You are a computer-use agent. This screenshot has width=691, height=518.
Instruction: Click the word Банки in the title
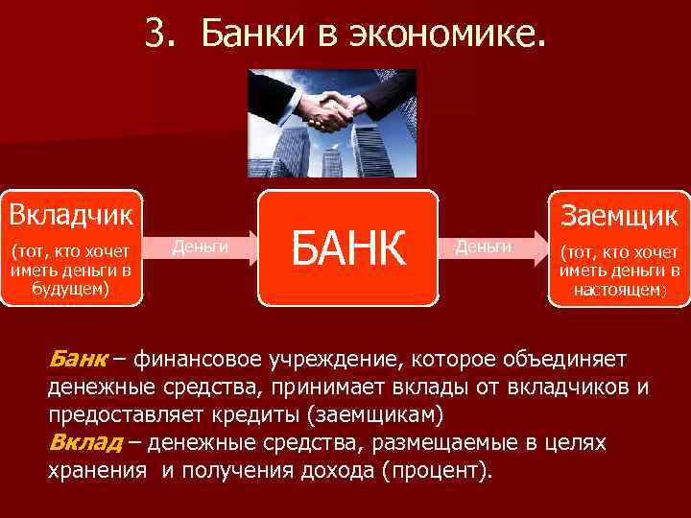point(244,35)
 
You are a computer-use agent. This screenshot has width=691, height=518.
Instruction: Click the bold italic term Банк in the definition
point(76,360)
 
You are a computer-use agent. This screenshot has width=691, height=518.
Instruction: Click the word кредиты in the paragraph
point(252,415)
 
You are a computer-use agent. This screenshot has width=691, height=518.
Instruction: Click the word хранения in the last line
point(97,471)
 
